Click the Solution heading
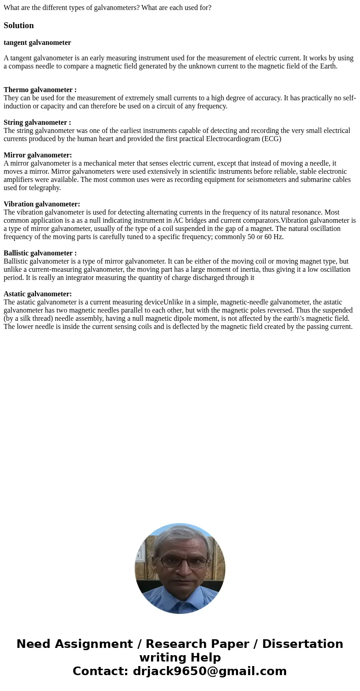(19, 25)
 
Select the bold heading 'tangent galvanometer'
(37, 43)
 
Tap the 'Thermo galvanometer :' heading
(40, 90)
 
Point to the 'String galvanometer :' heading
(37, 123)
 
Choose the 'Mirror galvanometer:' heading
(38, 155)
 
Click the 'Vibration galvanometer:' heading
(42, 204)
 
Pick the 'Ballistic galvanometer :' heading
(40, 253)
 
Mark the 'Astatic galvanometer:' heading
(38, 294)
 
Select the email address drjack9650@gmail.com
(209, 671)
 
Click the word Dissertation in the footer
(302, 644)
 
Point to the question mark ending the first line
(209, 8)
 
